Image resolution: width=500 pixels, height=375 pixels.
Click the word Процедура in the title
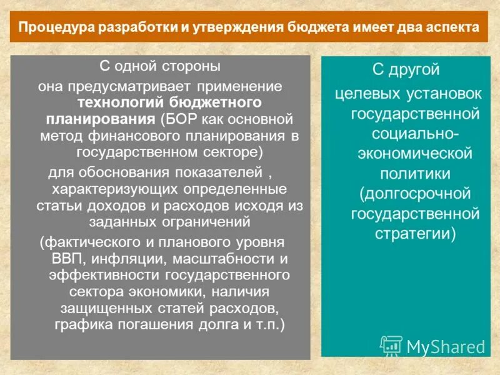tap(51, 28)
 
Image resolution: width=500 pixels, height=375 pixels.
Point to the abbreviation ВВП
tap(64, 258)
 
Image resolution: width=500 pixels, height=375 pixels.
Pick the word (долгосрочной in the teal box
tap(410, 194)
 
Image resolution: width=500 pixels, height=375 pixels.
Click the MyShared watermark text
tap(446, 346)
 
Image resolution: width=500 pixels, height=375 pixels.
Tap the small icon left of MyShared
tap(391, 346)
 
